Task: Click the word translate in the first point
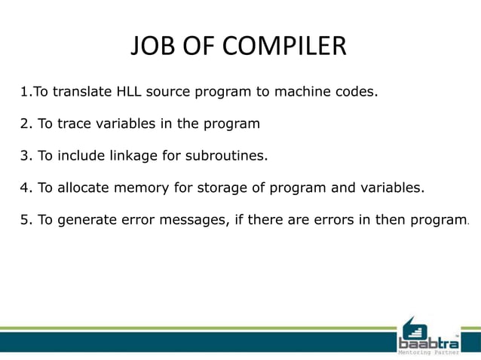(x=82, y=93)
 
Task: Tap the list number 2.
(x=24, y=124)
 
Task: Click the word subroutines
(x=226, y=157)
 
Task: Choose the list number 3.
(x=24, y=157)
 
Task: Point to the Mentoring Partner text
(x=427, y=352)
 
